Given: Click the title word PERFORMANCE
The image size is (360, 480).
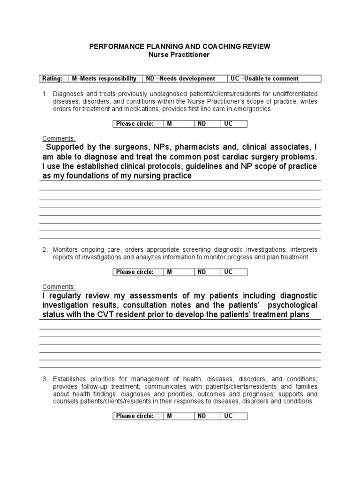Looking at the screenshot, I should tap(112, 47).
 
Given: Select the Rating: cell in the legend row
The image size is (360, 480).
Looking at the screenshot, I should tap(52, 79).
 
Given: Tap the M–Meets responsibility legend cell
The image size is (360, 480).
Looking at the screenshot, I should tap(104, 79).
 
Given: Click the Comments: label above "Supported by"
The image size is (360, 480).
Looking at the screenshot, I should tap(59, 139).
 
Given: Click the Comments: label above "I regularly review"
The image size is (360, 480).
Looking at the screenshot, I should tap(59, 287).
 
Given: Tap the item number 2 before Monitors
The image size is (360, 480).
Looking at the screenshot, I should tap(45, 250).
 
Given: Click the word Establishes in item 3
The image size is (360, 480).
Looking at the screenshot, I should tap(70, 379).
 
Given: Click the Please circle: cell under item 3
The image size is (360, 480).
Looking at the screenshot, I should tap(135, 416).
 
